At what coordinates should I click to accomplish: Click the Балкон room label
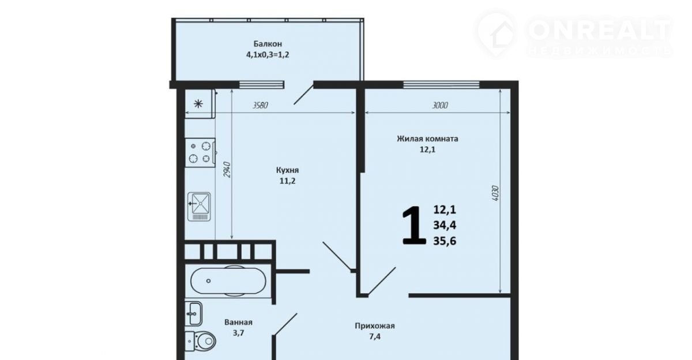point(268,44)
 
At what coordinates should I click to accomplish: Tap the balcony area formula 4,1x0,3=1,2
point(268,55)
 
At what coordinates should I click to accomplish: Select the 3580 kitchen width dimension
point(260,106)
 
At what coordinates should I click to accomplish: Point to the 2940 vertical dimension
point(227,170)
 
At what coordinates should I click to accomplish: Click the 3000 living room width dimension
point(439,106)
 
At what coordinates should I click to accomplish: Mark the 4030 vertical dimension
point(495,193)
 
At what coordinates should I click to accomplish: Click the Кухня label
point(287,170)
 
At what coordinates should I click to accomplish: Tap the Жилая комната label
point(427,138)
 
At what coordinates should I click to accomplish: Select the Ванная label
point(238,322)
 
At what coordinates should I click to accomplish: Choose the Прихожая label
point(374,326)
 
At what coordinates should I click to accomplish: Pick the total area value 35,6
point(445,241)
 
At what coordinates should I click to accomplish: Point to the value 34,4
point(445,225)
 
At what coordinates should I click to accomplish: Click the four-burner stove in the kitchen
point(200,153)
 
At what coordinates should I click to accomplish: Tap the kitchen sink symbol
point(200,207)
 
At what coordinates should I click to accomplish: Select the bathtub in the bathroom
point(228,281)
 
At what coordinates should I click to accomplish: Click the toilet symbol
point(200,342)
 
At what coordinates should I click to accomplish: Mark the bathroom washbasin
point(194,313)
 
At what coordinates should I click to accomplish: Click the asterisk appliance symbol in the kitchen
point(198,104)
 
